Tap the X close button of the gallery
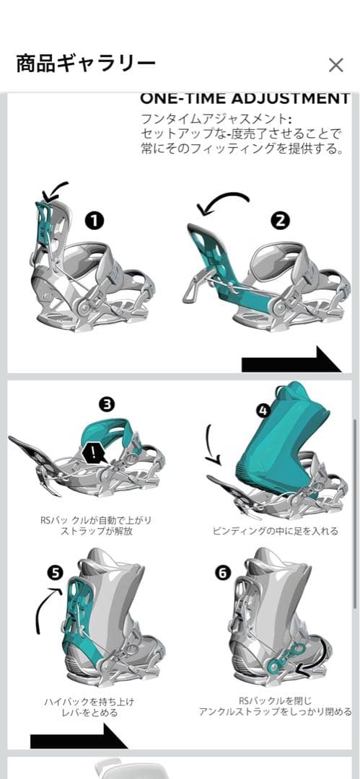coord(335,65)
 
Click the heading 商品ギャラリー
coord(86,64)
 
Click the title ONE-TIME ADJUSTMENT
coord(245,98)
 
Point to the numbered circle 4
coord(263,410)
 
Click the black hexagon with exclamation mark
coord(93,454)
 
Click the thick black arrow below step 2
coord(291,360)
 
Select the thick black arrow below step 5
coord(79,736)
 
